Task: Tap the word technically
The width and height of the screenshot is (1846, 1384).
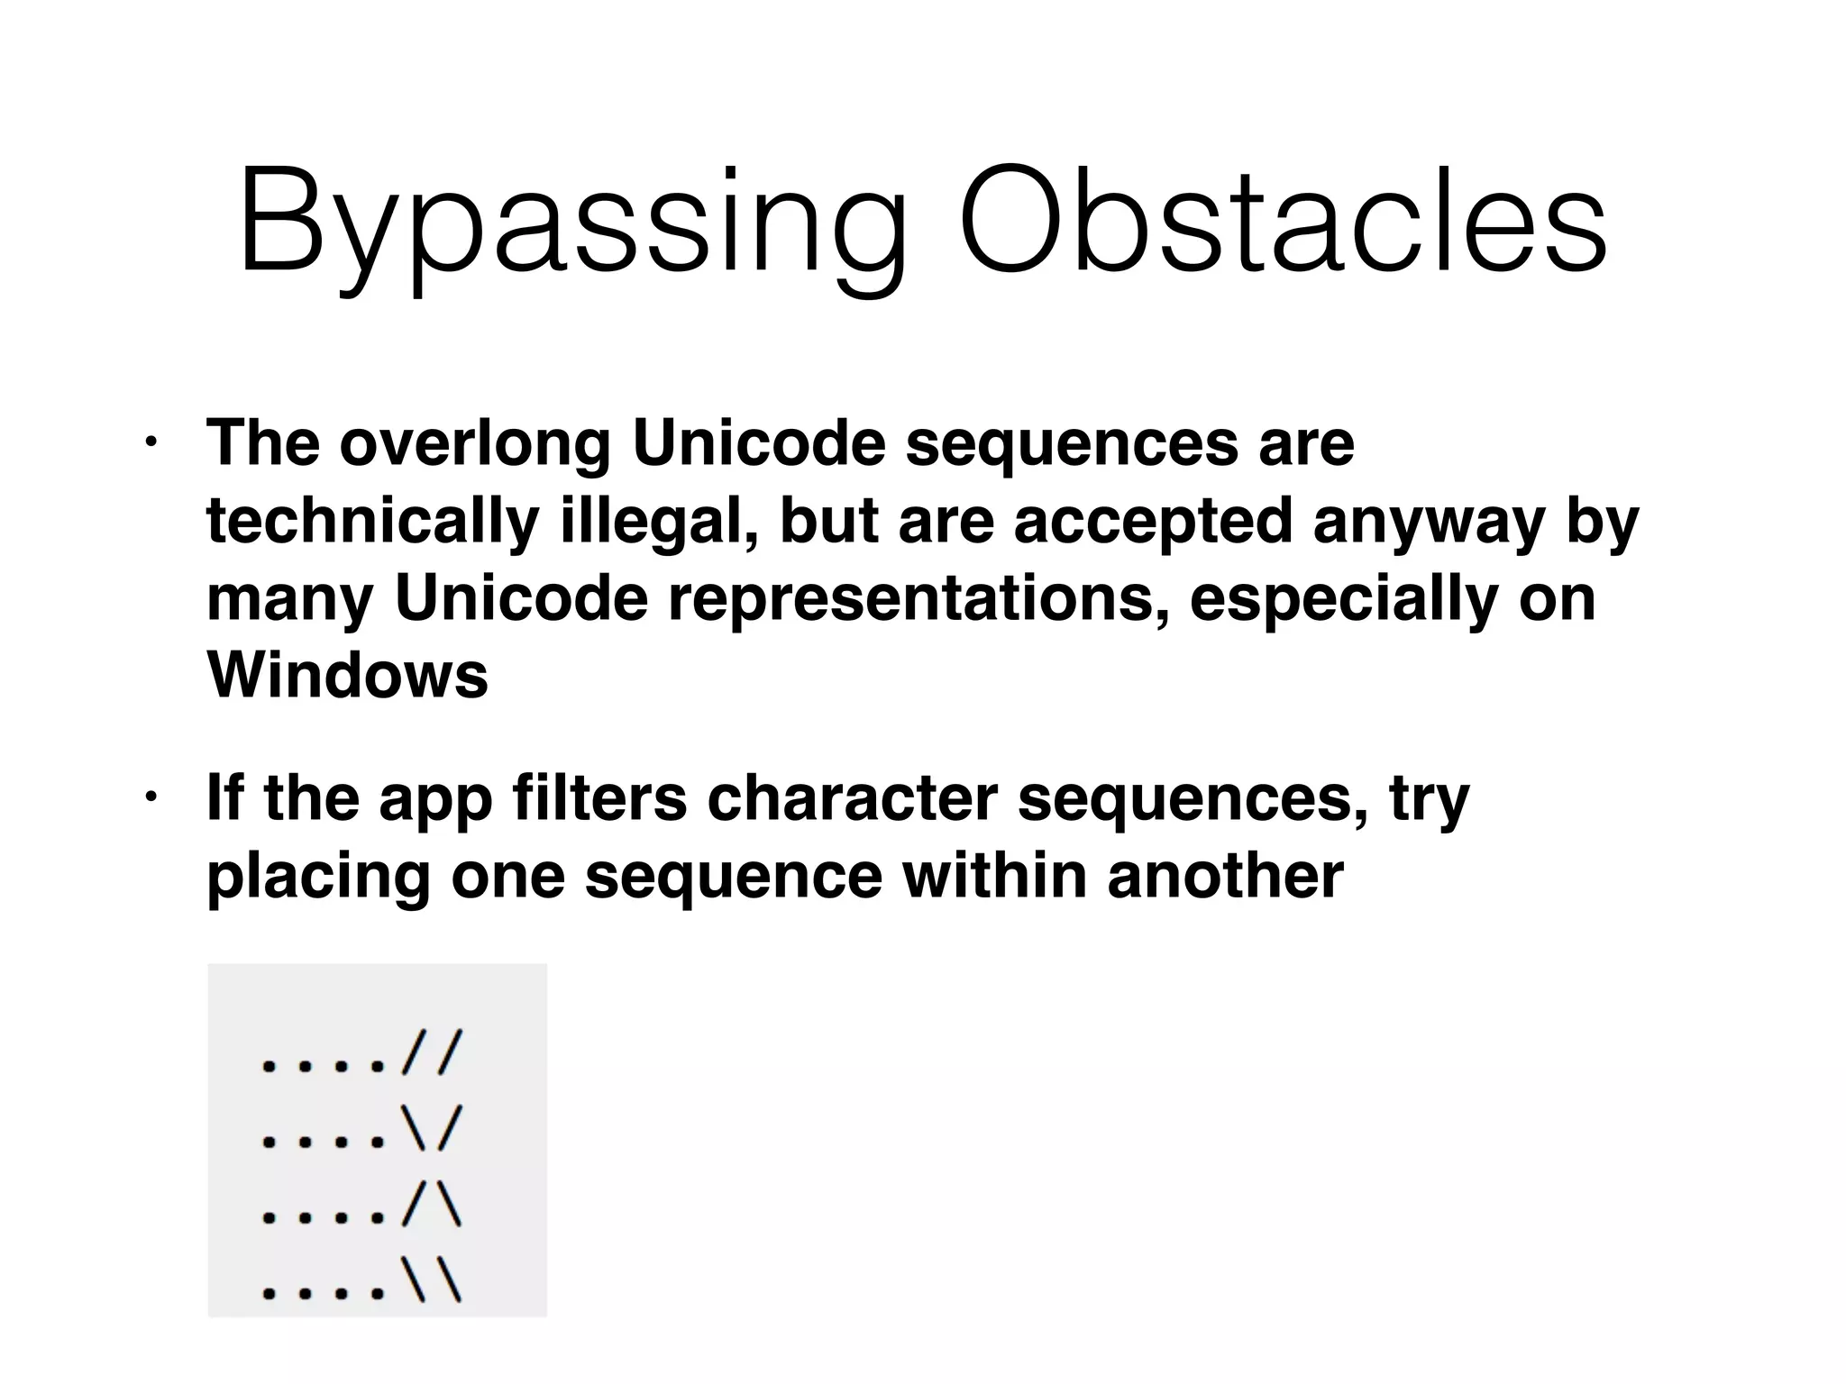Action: (372, 523)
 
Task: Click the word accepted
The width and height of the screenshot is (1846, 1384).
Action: (1154, 523)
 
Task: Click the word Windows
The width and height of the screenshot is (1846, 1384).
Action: (348, 675)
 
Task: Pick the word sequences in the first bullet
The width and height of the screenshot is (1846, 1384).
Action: (1072, 443)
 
